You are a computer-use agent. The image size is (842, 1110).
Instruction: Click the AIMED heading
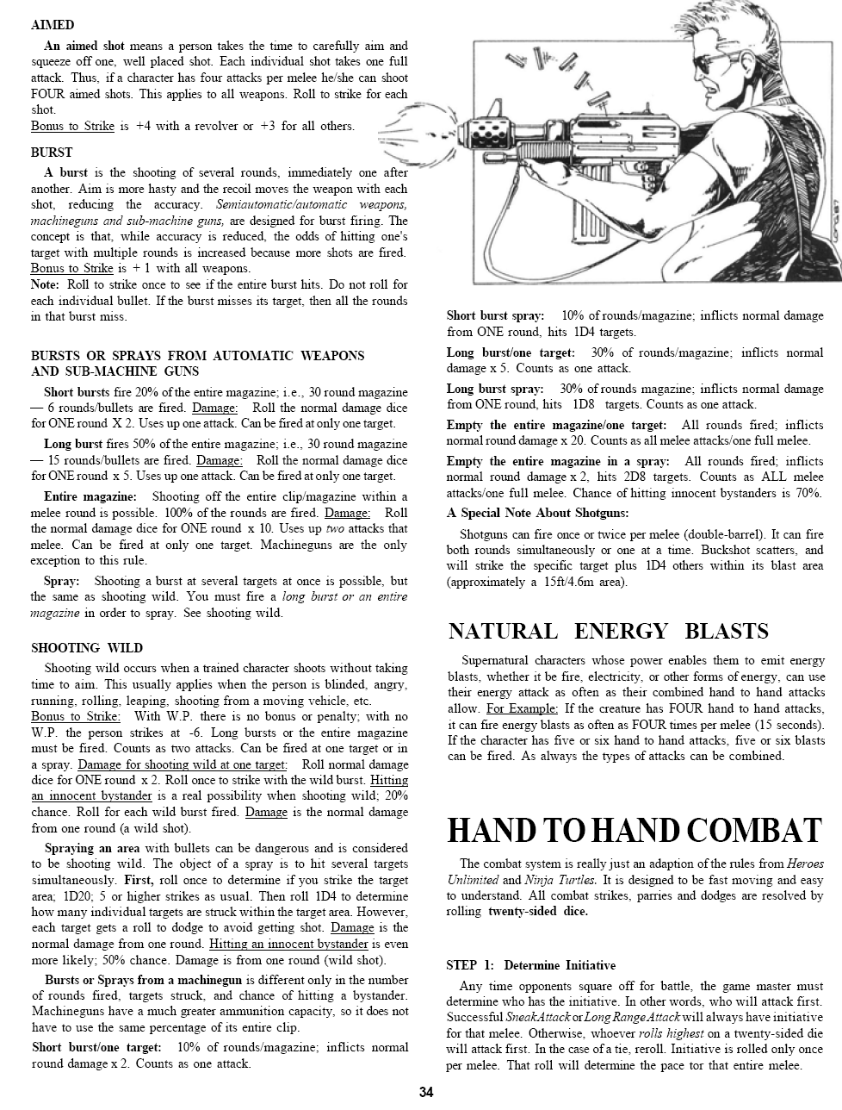[53, 25]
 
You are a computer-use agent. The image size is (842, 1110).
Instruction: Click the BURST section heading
[52, 152]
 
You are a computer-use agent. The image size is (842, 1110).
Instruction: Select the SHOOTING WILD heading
[87, 647]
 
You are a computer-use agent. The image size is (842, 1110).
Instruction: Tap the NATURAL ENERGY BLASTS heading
[608, 631]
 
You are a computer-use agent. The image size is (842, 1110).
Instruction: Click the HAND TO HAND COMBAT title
[635, 830]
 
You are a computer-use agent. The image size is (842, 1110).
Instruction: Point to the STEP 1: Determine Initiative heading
[531, 964]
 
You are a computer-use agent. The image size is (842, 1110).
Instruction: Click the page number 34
[426, 1093]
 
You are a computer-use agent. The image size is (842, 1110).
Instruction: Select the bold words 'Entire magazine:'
[90, 496]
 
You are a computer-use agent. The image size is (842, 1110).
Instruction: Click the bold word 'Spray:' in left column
[62, 581]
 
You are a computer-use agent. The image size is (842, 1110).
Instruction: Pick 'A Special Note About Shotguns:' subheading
[537, 513]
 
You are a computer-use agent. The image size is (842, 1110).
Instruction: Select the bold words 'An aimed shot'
[84, 46]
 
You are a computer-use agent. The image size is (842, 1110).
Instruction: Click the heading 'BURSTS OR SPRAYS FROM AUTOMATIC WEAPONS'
[197, 355]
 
